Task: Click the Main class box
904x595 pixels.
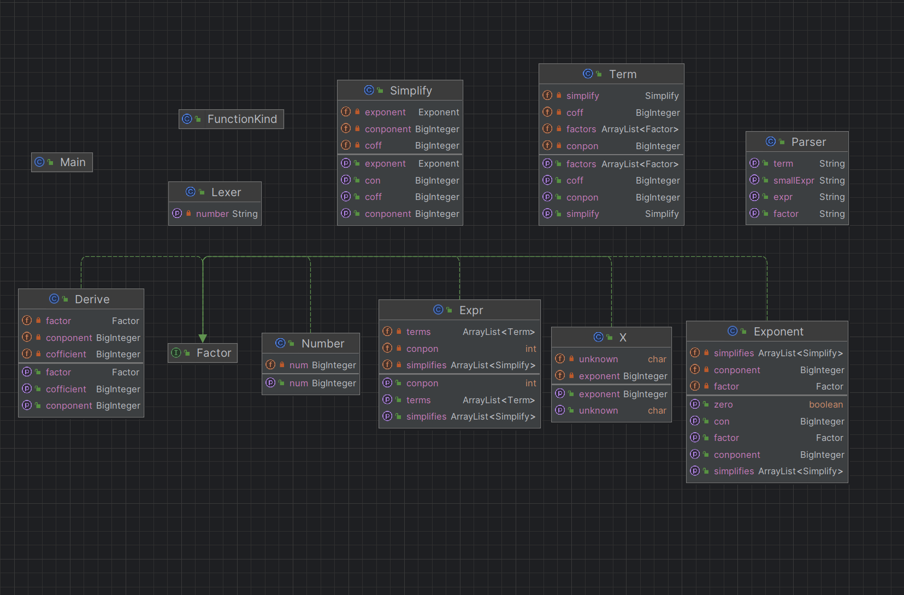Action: tap(62, 162)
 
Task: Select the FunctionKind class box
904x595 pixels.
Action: tap(231, 119)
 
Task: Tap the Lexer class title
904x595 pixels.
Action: tap(226, 192)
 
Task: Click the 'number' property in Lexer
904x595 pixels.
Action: tap(212, 214)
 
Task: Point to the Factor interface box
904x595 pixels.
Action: tap(203, 353)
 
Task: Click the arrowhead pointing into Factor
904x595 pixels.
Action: tap(203, 338)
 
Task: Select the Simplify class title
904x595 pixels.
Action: tap(411, 90)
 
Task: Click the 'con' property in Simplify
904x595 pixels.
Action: tap(373, 180)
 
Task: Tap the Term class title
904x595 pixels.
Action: tap(623, 74)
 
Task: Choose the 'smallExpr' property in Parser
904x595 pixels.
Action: tap(794, 180)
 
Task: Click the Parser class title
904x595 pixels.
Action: tap(808, 142)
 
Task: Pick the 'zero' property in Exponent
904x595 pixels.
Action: tap(723, 404)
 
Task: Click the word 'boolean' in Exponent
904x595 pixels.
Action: tap(826, 404)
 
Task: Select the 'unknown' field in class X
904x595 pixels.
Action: tap(599, 360)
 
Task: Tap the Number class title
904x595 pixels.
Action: tap(323, 344)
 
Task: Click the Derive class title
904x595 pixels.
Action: tap(92, 299)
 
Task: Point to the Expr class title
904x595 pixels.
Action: tap(471, 310)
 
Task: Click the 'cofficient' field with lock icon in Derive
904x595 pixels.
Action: tap(66, 354)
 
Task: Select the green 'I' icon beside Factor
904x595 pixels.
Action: tap(176, 353)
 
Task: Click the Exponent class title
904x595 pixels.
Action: tap(778, 332)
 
